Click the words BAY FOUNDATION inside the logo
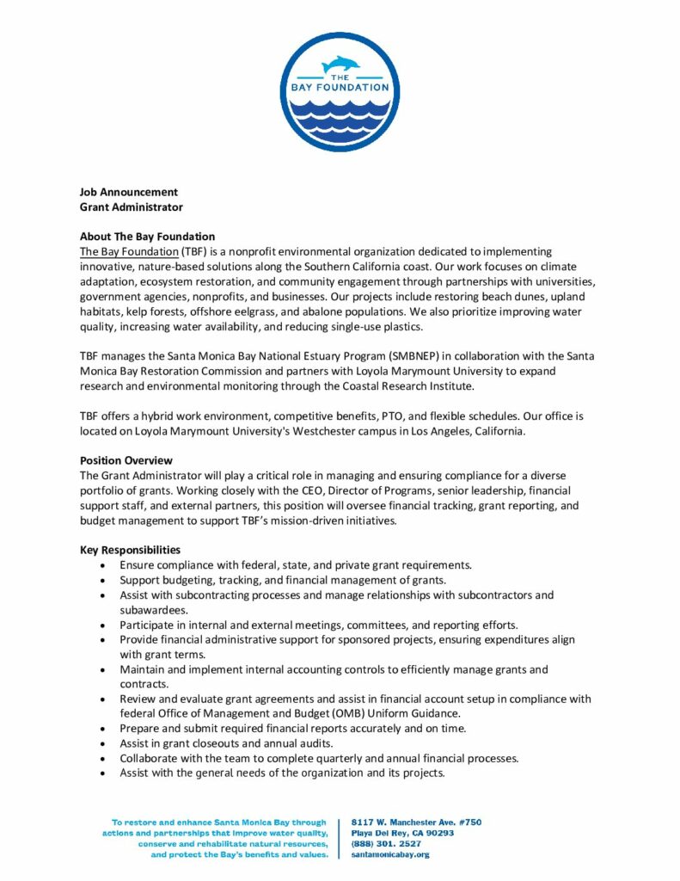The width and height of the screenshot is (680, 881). point(340,87)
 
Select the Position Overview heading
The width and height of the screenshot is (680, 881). point(126,460)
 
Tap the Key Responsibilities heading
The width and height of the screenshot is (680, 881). point(130,549)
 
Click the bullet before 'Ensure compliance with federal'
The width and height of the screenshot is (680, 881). point(104,565)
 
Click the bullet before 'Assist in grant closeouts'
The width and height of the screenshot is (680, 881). point(104,743)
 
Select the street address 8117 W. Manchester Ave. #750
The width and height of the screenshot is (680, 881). point(416,822)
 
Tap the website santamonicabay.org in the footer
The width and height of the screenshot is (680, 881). point(390,854)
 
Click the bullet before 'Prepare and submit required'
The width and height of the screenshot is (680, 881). point(104,728)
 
